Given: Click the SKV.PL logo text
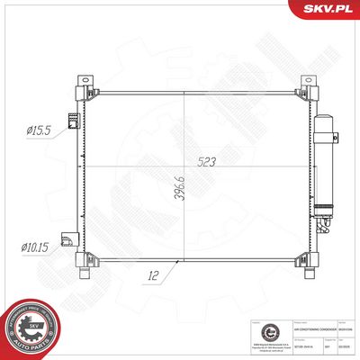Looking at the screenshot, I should [x=327, y=9].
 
